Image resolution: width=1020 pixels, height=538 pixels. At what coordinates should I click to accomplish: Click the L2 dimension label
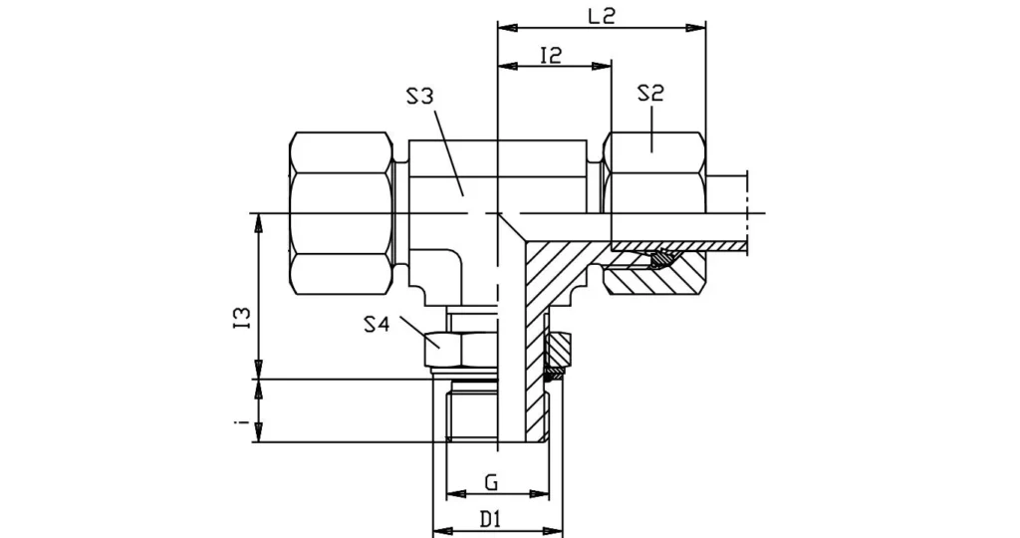tap(601, 16)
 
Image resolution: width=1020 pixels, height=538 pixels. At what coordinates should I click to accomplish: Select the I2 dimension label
tap(551, 55)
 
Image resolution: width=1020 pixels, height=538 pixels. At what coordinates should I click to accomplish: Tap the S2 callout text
tap(650, 94)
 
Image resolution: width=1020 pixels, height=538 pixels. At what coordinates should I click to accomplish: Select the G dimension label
tap(491, 483)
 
